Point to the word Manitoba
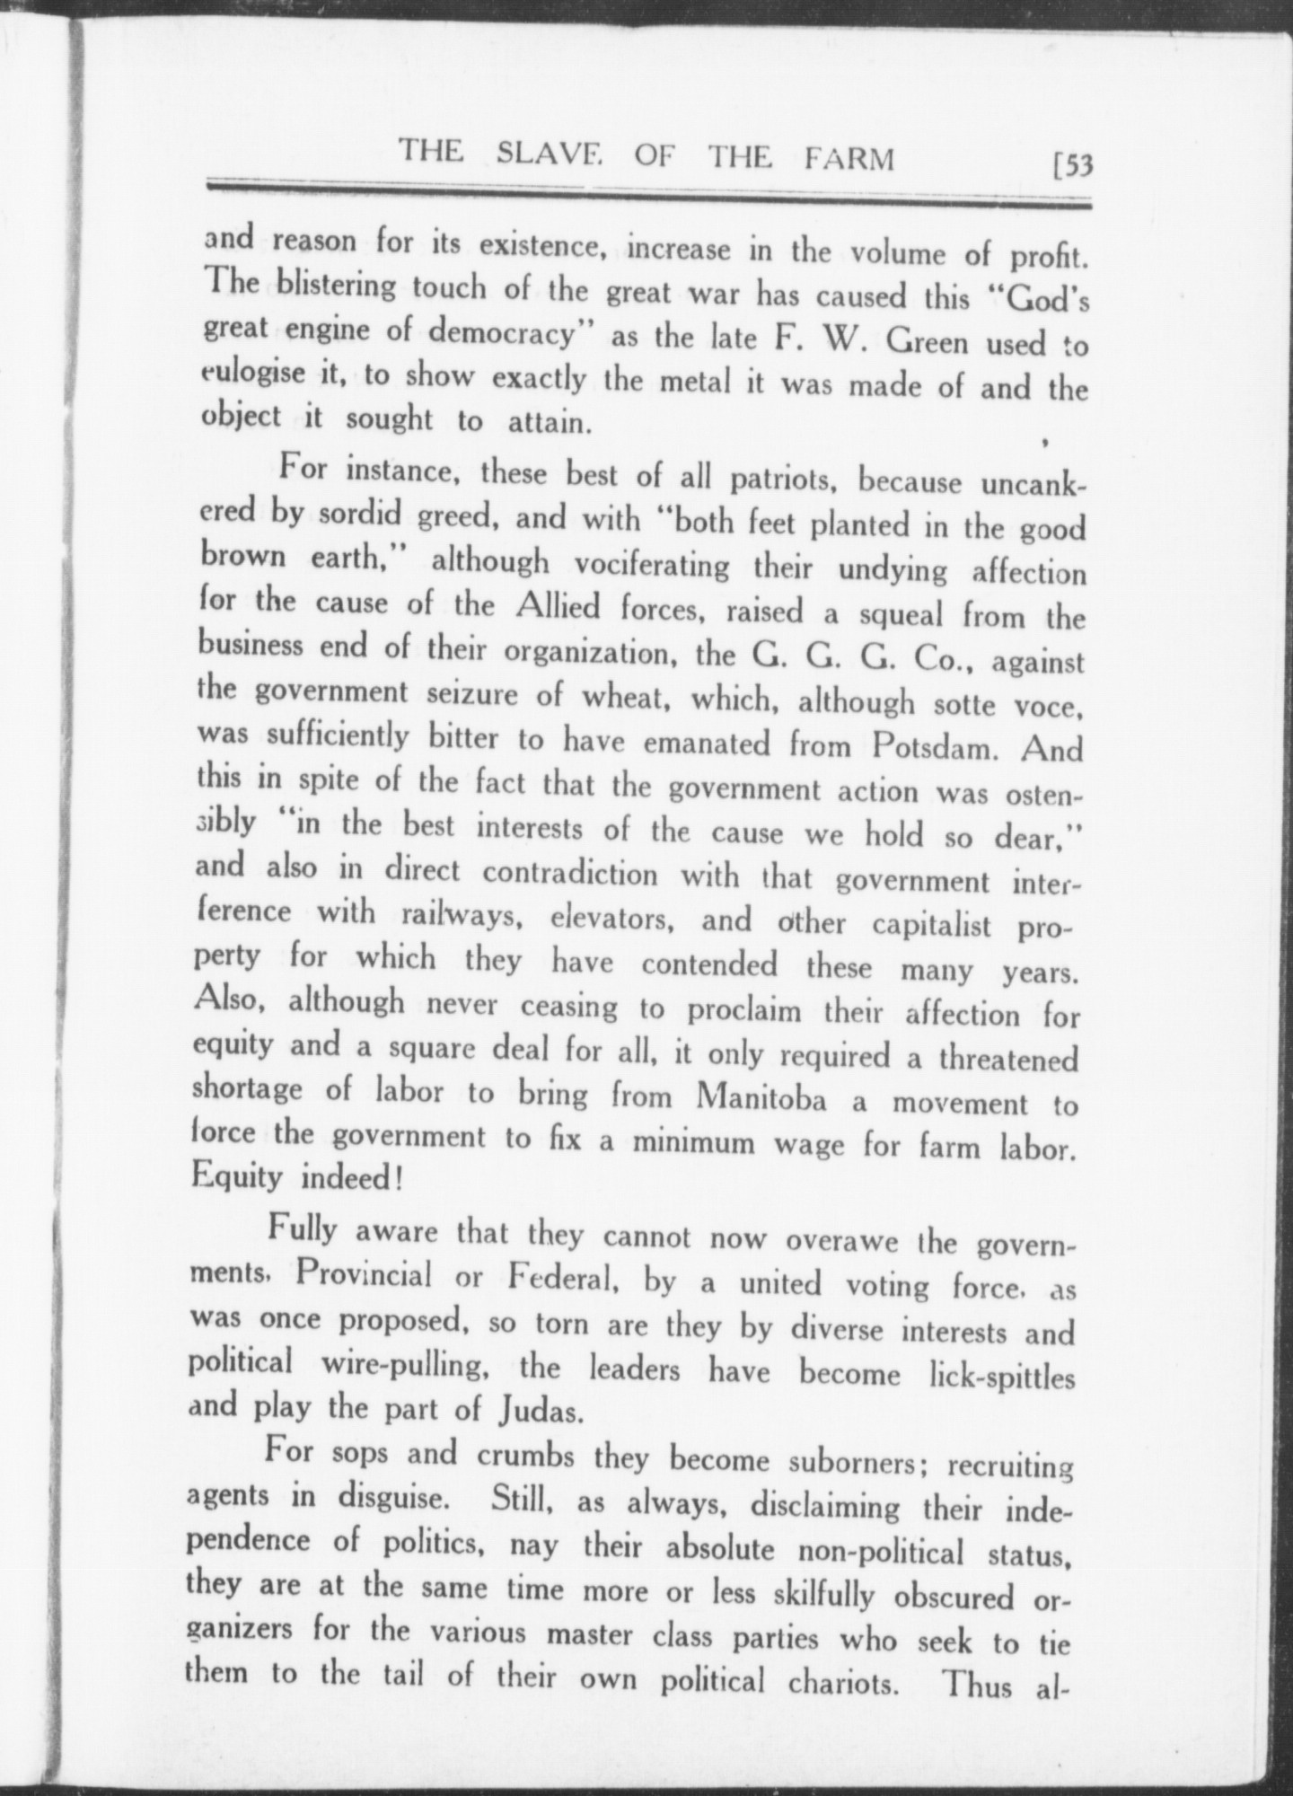click(761, 1098)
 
